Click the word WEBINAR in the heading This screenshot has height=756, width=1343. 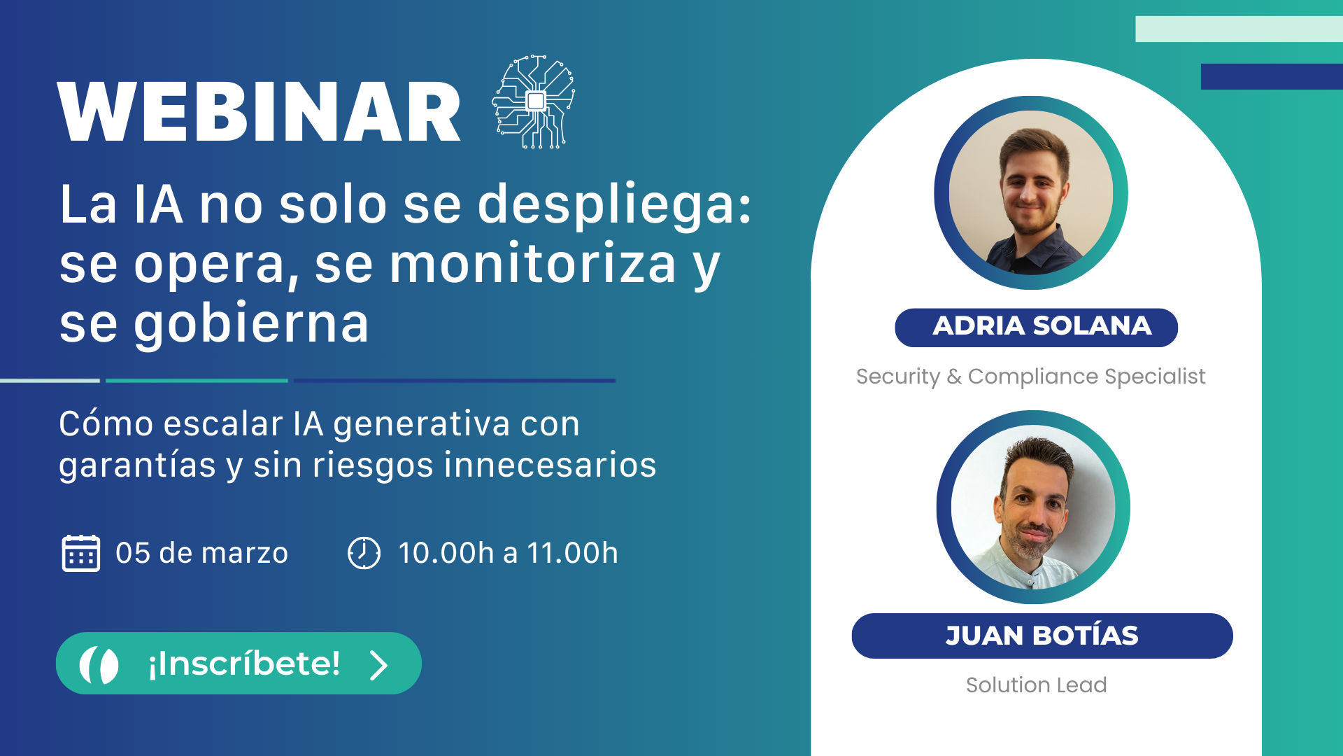coord(259,112)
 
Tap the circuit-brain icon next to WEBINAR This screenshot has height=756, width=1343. coord(535,101)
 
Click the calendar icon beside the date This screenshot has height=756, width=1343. coord(81,553)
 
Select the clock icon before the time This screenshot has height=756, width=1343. coord(364,553)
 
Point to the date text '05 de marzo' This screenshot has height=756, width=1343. coord(201,553)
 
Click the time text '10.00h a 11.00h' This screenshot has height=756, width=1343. coord(508,553)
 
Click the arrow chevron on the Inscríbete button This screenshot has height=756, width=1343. coord(378,665)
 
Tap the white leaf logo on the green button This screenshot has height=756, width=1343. coord(99,664)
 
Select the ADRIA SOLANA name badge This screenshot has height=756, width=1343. coord(1036,327)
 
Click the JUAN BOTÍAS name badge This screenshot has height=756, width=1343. coord(1042,636)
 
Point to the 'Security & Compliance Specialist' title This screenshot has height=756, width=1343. coord(1030,377)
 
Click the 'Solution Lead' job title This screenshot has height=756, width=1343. coord(1036,685)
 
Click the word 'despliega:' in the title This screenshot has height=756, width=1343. coord(614,205)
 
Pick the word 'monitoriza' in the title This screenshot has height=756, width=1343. coord(532,264)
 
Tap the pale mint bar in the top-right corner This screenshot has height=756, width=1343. coord(1238,29)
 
